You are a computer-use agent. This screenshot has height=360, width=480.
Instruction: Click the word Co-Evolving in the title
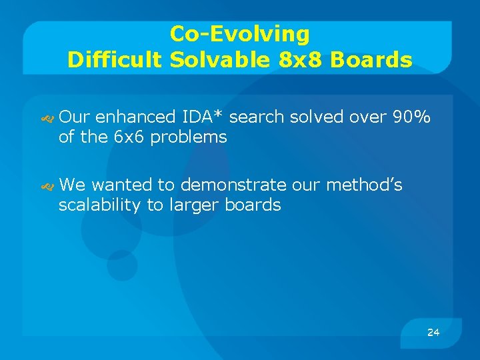pyautogui.click(x=239, y=33)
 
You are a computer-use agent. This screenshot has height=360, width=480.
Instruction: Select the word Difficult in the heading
pyautogui.click(x=115, y=60)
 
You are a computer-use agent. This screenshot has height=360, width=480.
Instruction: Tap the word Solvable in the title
pyautogui.click(x=217, y=60)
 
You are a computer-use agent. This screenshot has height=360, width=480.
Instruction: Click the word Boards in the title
pyautogui.click(x=371, y=60)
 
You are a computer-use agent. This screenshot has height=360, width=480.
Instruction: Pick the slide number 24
pyautogui.click(x=433, y=332)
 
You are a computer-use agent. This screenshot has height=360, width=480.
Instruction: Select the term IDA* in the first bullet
pyautogui.click(x=203, y=117)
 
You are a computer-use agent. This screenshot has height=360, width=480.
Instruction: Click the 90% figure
pyautogui.click(x=412, y=117)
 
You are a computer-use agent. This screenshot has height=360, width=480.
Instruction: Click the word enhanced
pyautogui.click(x=135, y=117)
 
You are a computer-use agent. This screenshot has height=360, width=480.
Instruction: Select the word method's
pyautogui.click(x=364, y=185)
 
